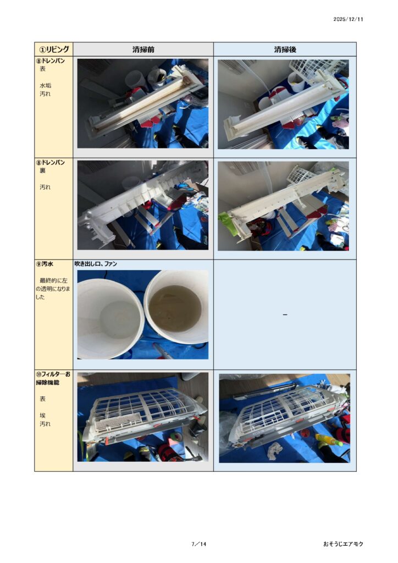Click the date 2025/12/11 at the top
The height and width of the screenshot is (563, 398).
348,19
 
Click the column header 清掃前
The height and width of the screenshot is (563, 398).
143,49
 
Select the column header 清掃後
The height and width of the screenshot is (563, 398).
285,49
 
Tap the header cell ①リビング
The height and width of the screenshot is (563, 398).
54,49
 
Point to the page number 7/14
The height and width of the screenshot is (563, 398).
199,544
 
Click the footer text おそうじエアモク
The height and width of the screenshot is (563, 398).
343,544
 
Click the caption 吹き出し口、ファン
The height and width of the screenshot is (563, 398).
96,264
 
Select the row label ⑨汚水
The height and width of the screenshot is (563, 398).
45,264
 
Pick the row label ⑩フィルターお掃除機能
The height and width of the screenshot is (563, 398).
53,378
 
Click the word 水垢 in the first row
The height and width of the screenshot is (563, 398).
45,85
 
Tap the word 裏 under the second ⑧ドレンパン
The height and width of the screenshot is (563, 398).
43,170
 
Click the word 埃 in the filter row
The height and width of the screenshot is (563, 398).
43,416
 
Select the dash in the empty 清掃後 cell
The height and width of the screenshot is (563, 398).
285,315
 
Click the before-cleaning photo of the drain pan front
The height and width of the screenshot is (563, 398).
143,103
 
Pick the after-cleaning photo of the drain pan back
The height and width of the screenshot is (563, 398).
283,206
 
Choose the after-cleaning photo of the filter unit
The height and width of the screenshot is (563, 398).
284,418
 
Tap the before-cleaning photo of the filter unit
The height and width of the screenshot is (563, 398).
143,417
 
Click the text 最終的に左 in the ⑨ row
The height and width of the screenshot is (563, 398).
53,280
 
